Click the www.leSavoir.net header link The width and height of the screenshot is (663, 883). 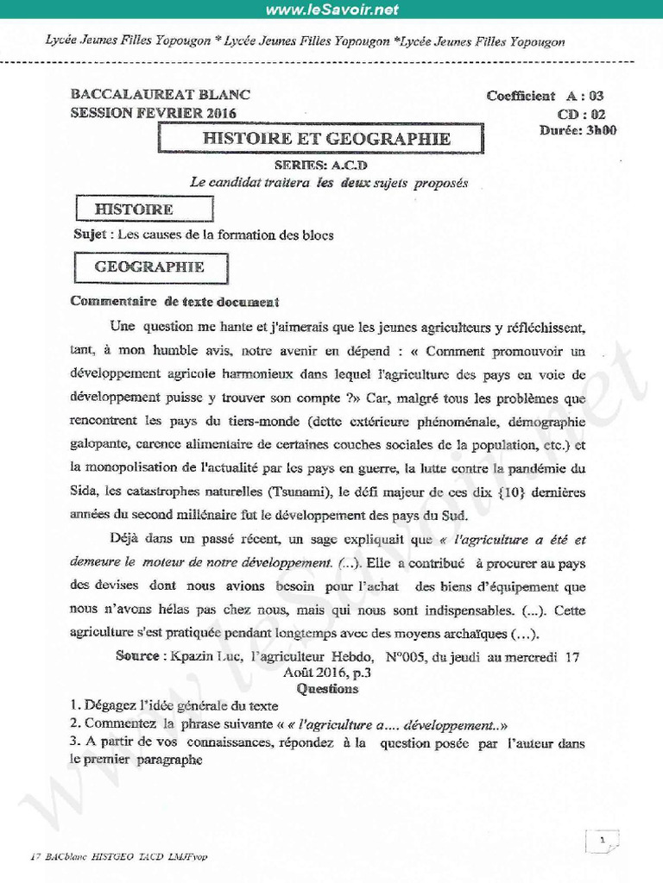point(331,10)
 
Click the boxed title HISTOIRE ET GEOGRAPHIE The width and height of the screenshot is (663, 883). point(325,138)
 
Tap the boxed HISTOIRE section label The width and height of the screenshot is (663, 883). point(134,209)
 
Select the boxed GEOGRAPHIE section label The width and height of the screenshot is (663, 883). point(149,267)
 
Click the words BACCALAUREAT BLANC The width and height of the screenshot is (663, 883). point(161,96)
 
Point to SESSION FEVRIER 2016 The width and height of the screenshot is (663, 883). point(153,113)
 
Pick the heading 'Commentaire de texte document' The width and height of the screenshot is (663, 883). point(174,302)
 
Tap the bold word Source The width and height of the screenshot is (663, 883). point(137,656)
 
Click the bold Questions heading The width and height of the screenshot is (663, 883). point(327,689)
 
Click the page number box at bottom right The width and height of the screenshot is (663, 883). point(603,839)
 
